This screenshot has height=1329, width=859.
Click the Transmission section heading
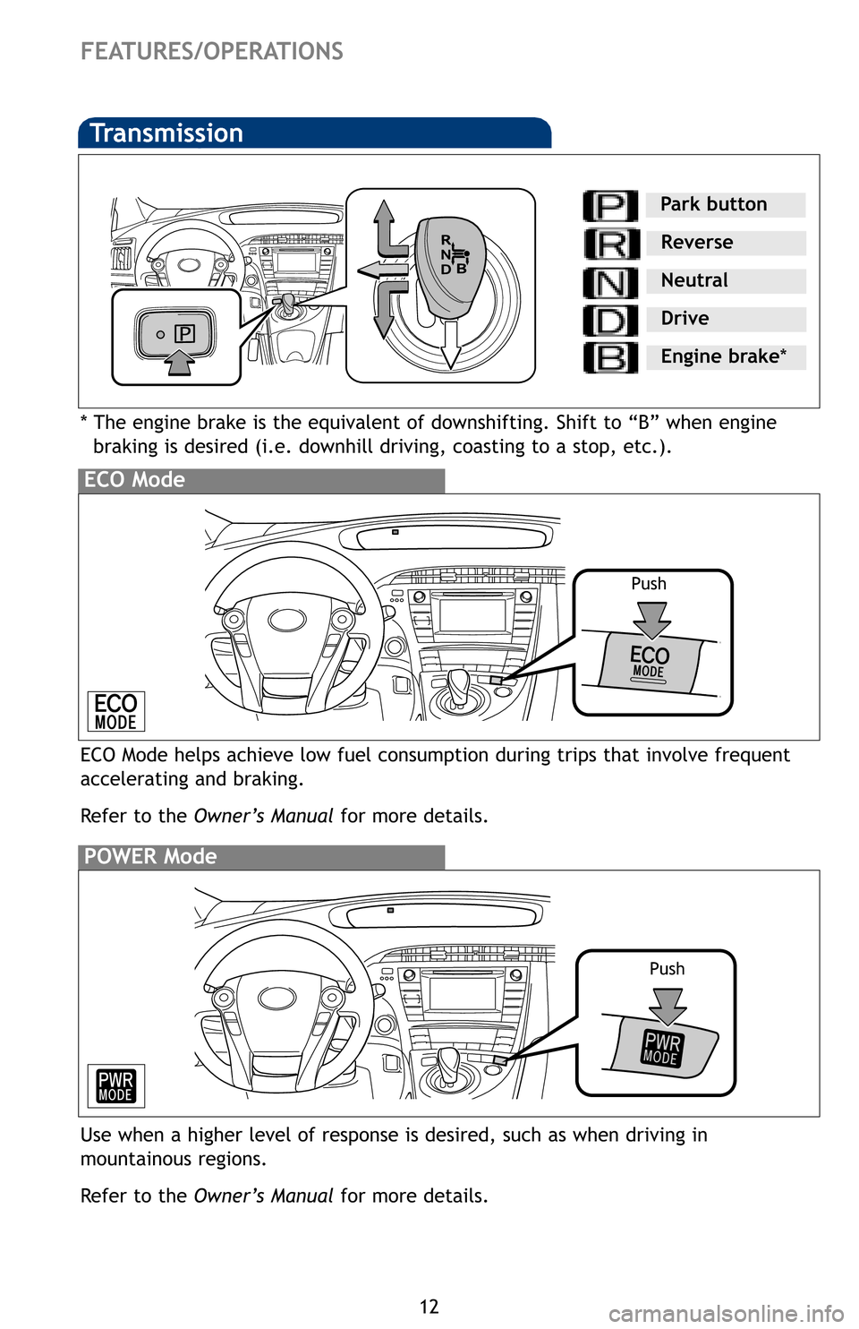click(x=167, y=133)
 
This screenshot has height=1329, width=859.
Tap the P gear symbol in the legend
click(x=610, y=206)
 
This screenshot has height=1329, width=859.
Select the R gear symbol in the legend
click(x=611, y=244)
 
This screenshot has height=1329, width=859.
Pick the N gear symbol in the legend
click(x=610, y=283)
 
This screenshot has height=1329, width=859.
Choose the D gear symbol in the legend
click(x=610, y=321)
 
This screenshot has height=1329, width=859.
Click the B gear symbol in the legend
click(x=610, y=358)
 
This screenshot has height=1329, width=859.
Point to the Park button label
click(x=713, y=204)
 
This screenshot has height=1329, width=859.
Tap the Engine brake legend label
click(x=723, y=356)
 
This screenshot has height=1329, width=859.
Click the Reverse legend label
click(x=696, y=243)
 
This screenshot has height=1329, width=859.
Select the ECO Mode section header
click(x=135, y=480)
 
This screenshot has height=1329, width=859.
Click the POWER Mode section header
click(x=150, y=857)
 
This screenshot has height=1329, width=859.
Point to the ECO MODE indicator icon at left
click(x=115, y=712)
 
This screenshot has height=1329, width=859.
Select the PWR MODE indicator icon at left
click(x=115, y=1086)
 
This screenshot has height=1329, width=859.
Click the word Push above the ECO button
click(x=649, y=584)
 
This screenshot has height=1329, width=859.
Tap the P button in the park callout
click(x=184, y=334)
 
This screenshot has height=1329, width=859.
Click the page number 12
click(x=429, y=1307)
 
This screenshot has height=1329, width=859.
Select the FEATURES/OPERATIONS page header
click(x=212, y=52)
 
